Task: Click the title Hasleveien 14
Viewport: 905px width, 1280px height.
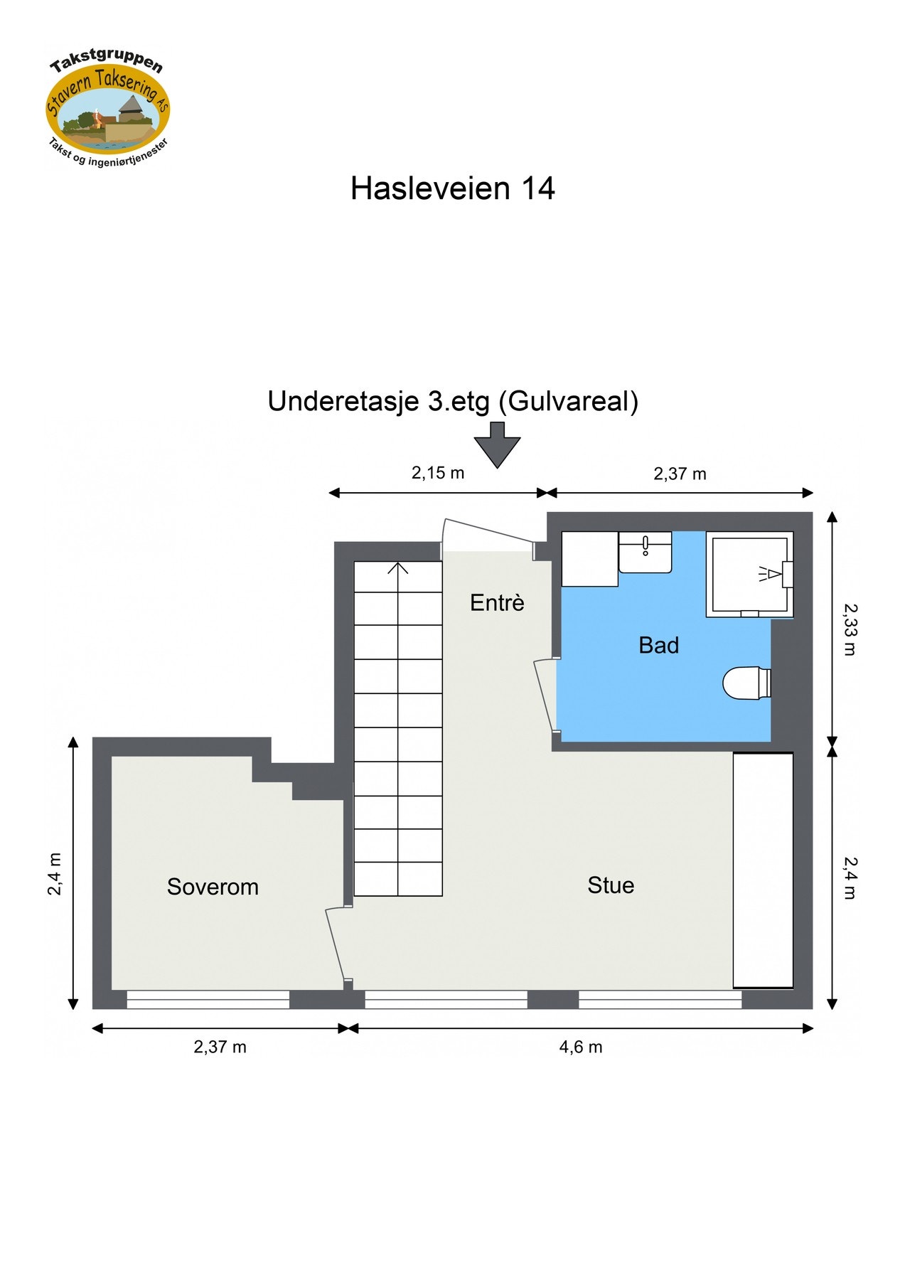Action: tap(452, 188)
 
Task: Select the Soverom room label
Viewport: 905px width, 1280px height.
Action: tap(213, 887)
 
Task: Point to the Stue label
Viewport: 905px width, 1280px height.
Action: tap(611, 885)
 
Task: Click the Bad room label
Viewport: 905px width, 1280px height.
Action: tap(658, 645)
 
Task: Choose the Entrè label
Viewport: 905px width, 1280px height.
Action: tap(497, 603)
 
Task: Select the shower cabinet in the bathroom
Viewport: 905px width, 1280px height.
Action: tap(750, 575)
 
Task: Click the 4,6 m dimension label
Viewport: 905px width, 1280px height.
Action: tap(580, 1047)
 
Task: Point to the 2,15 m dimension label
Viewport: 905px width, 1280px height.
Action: tap(438, 473)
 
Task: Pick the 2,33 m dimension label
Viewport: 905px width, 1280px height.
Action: tap(850, 629)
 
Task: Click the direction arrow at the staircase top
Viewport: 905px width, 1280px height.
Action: tap(398, 568)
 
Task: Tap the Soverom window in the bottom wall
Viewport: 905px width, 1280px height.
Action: tap(208, 999)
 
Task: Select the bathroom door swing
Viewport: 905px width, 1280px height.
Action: tap(546, 694)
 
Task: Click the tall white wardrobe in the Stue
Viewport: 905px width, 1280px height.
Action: tap(763, 870)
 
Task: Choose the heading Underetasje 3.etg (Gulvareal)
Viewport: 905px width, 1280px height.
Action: tap(453, 402)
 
